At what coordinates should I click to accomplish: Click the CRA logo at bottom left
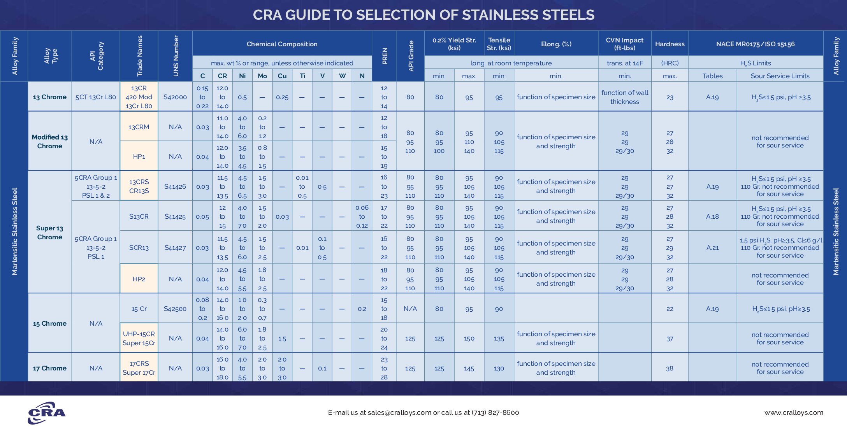(47, 412)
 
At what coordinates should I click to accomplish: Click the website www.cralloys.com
(794, 412)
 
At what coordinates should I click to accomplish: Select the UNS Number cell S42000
(175, 97)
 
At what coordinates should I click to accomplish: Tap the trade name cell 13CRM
(139, 127)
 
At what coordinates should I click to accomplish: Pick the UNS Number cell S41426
(175, 186)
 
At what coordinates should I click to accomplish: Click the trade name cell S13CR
(139, 216)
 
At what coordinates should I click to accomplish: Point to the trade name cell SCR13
(139, 247)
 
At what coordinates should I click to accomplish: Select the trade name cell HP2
(139, 279)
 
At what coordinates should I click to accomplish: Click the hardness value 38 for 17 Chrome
(670, 368)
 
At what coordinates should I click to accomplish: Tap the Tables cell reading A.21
(712, 247)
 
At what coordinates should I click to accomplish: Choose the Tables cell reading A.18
(712, 216)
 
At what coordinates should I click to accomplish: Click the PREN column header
(384, 56)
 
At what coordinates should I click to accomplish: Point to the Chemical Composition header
(282, 44)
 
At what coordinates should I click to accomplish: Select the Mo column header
(262, 76)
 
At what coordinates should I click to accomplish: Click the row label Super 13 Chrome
(49, 232)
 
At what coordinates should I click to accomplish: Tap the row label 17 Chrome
(49, 368)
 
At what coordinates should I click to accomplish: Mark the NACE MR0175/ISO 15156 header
(755, 44)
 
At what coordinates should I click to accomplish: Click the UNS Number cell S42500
(175, 309)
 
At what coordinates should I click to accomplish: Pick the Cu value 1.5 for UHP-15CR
(282, 339)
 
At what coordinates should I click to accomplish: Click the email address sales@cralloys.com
(399, 412)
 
